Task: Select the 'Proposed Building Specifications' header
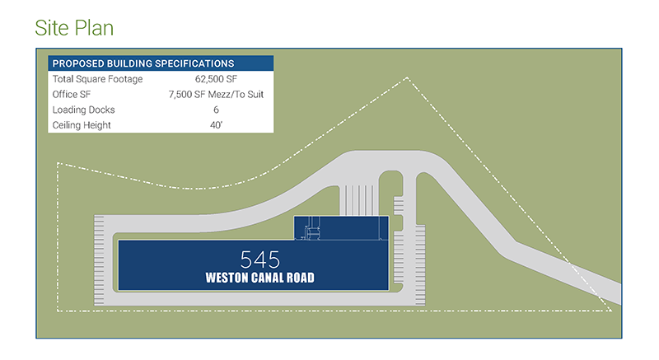coord(143,63)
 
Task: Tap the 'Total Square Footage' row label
coord(97,79)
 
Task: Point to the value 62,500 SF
coord(216,79)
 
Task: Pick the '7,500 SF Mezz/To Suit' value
coord(216,95)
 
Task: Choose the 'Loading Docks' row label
coord(83,110)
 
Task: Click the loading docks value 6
coord(216,110)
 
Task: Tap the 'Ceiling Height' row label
coord(83,125)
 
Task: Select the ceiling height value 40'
coord(216,125)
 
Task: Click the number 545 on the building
coord(259,258)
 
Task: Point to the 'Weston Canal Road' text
coord(259,278)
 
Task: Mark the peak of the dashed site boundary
coord(408,78)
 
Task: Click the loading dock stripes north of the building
coord(359,200)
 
